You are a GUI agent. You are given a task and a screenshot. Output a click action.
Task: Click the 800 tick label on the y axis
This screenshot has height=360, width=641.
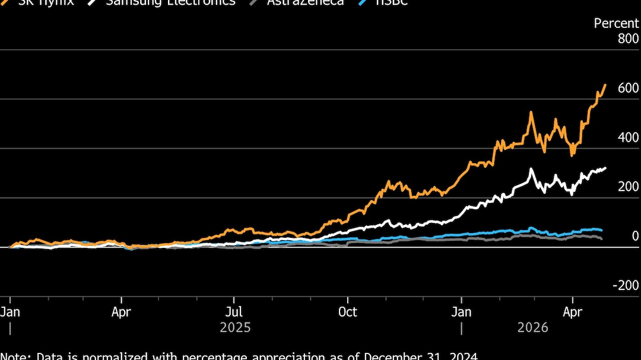point(627,39)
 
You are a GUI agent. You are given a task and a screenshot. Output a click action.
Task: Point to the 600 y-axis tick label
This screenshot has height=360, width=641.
point(627,88)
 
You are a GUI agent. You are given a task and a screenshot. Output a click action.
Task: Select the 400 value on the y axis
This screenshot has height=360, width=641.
point(627,138)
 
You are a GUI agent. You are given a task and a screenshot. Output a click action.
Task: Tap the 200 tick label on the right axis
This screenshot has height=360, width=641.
point(627,187)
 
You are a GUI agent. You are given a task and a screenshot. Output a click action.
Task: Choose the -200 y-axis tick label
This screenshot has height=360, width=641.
point(625,285)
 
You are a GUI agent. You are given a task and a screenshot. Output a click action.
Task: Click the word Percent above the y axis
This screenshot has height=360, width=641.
point(617,23)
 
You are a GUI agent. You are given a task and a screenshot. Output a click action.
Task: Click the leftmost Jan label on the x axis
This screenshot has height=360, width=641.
point(10,312)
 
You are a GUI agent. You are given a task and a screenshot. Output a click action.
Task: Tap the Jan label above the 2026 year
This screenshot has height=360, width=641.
point(462,312)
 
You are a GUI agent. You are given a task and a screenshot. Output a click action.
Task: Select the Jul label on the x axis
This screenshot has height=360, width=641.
point(234,312)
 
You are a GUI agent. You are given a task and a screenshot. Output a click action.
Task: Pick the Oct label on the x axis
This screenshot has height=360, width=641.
point(348,312)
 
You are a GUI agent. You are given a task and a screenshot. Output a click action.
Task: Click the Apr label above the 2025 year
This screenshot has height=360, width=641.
point(121,312)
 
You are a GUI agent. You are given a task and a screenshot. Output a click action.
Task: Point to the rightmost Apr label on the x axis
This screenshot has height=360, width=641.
point(572,312)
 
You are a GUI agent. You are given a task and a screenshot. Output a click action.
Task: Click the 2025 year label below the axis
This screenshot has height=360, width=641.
point(235,327)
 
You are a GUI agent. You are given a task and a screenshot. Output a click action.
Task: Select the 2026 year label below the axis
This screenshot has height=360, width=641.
point(532,327)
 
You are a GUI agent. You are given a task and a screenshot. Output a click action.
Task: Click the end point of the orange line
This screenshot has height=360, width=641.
point(605,85)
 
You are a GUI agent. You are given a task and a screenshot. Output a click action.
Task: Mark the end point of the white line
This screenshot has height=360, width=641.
point(605,168)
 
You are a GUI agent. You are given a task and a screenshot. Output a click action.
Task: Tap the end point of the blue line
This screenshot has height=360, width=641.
point(602,230)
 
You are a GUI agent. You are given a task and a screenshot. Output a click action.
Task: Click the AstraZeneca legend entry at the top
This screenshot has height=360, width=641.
point(305,2)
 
